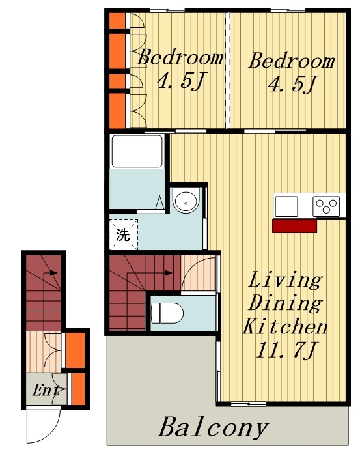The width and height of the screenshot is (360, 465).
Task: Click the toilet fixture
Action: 167,313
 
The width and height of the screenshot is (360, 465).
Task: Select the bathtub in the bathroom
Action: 137,151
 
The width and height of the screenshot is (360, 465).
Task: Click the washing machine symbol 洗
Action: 123,234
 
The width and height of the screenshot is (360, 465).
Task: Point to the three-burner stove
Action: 326,206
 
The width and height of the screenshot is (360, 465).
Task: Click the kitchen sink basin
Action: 286,206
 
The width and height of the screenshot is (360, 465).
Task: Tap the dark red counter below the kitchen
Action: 294,226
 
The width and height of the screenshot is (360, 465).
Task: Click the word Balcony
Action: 214,427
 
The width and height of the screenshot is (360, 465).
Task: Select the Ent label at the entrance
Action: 46,389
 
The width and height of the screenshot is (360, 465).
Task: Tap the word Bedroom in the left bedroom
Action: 180,57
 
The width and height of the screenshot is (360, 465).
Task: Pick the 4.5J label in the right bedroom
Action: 293,83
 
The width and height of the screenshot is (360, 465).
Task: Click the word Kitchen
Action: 285,326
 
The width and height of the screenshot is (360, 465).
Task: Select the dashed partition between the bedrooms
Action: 227,70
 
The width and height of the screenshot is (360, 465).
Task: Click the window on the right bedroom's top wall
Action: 288,10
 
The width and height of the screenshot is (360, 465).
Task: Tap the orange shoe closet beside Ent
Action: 78,389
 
